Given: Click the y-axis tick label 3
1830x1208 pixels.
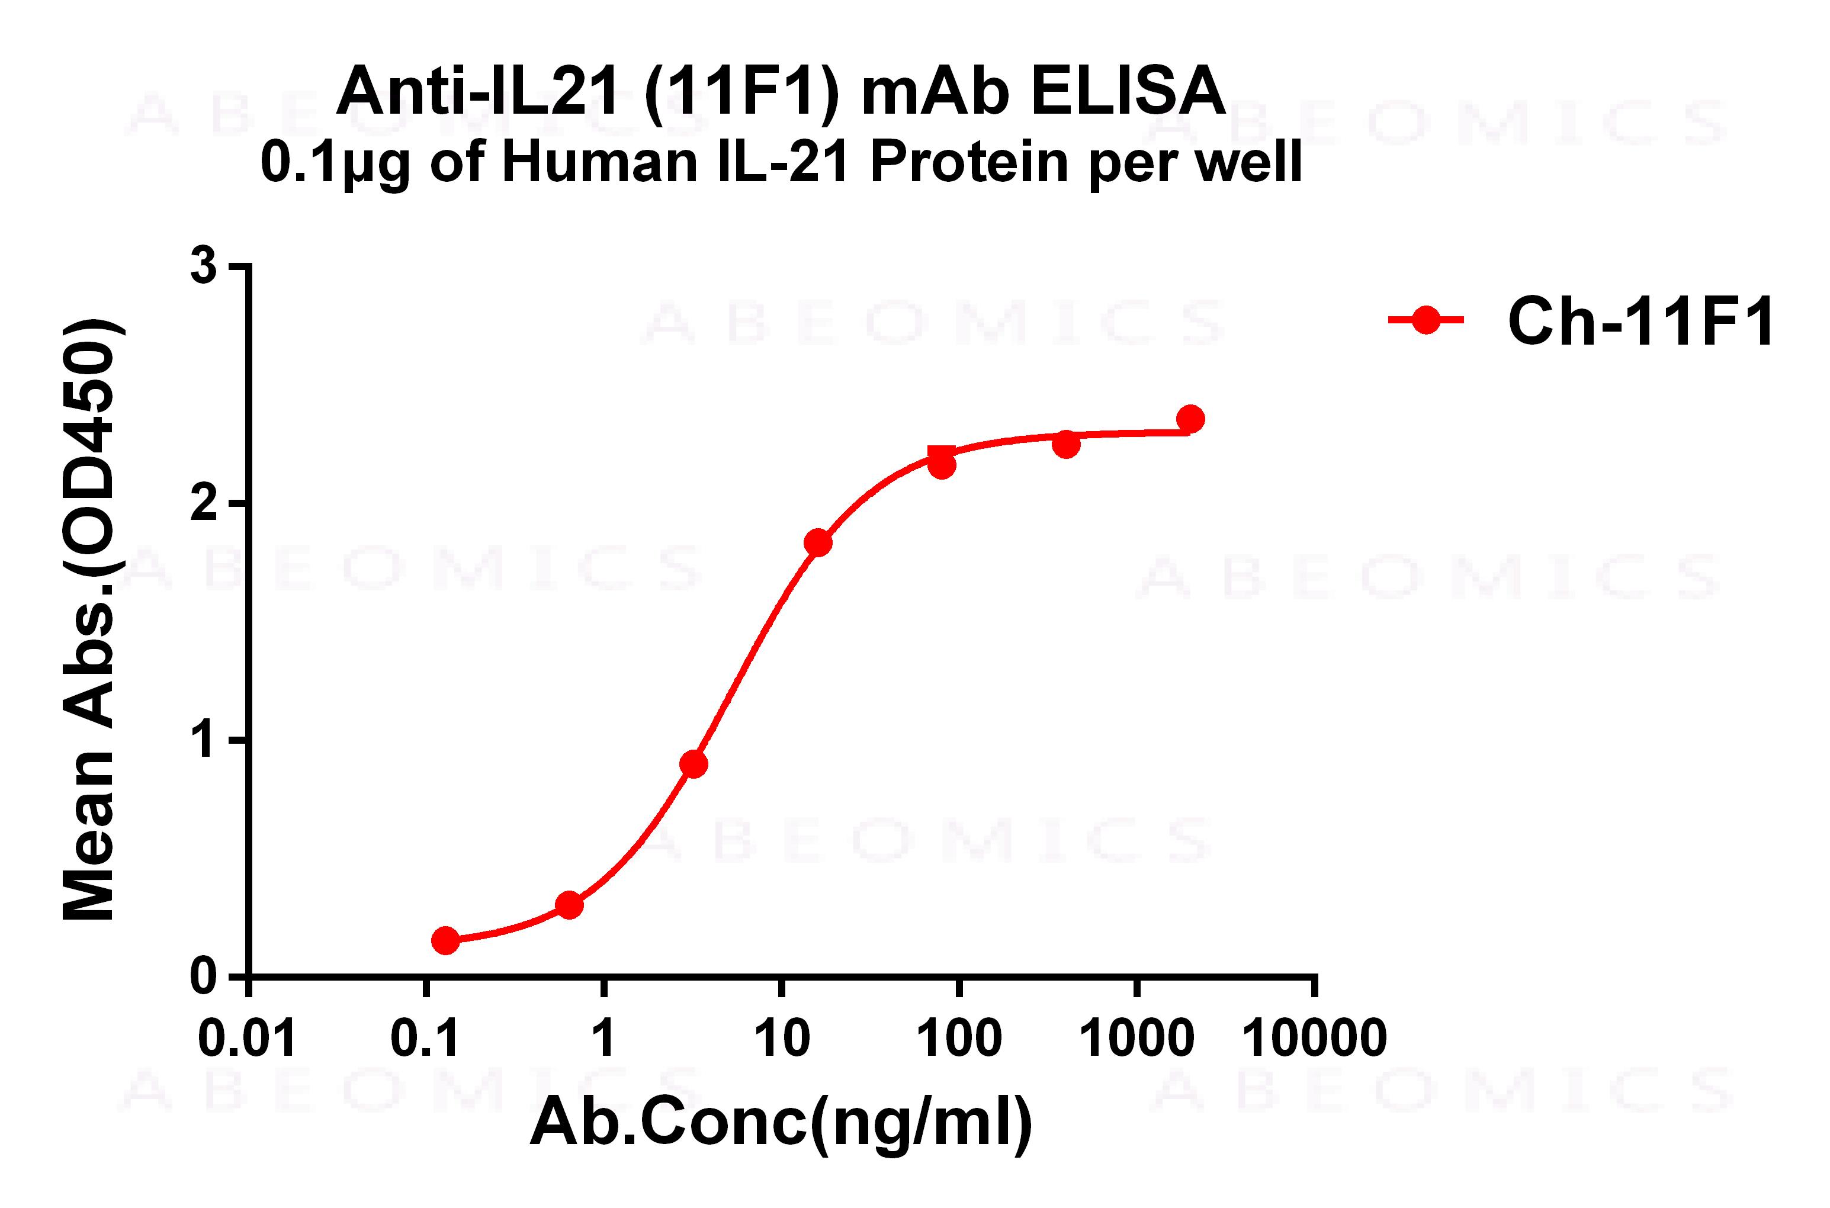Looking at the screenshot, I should click(204, 266).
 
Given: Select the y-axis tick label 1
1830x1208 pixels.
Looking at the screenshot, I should click(204, 740).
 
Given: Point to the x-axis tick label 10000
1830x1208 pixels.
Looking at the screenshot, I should click(1315, 1037).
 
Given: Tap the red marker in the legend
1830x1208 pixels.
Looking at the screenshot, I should click(1426, 320).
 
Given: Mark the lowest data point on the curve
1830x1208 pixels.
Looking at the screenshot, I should click(445, 940).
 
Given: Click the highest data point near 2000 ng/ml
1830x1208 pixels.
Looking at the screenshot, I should click(1190, 419).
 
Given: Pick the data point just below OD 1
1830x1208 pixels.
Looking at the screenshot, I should click(694, 764).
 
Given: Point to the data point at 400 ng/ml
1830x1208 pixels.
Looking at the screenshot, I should click(1065, 445).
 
